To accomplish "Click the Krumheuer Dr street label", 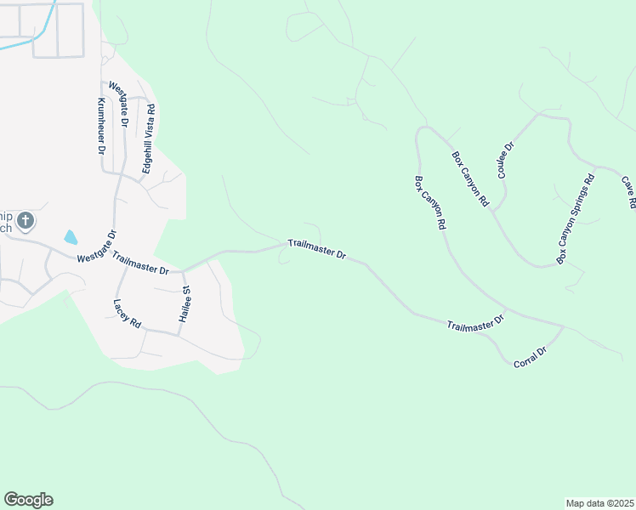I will click(100, 125).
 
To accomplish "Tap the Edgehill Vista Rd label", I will click(150, 139).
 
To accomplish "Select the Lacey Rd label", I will click(127, 314).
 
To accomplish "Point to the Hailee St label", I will click(185, 303).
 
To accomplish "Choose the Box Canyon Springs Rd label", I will click(575, 218).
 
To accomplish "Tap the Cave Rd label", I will click(628, 193).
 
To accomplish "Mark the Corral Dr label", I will click(529, 356).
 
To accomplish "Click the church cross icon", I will click(26, 222).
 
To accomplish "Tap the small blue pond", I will click(71, 237).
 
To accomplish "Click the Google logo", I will click(28, 500).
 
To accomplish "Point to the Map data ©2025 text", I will click(599, 502).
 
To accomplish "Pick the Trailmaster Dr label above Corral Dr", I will click(475, 323).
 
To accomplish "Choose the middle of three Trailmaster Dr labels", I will click(316, 249).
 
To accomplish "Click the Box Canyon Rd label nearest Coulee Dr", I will click(470, 179).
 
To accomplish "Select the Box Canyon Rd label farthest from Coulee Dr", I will click(430, 204).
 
